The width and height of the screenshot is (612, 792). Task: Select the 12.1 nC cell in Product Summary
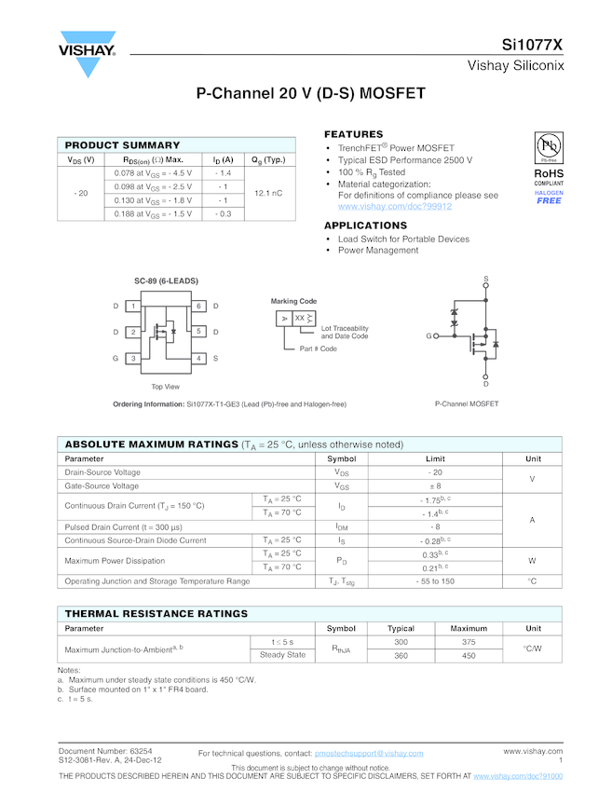coord(268,193)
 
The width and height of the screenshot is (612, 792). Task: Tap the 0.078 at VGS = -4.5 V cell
coord(153,173)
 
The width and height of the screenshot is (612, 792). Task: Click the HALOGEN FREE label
coord(549,198)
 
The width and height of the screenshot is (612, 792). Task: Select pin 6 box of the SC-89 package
coord(198,307)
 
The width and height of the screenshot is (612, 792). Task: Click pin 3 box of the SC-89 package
coord(133,358)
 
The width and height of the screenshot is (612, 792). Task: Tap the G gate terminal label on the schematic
coord(429,335)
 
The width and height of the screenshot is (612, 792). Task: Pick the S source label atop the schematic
coord(485,280)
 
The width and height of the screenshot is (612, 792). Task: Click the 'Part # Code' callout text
coord(319,348)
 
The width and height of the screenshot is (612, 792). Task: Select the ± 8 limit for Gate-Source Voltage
coord(435,485)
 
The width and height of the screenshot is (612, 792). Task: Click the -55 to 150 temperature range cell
coord(435,581)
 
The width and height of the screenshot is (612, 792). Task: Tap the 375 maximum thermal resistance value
coord(469,642)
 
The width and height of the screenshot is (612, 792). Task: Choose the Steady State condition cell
coord(282,655)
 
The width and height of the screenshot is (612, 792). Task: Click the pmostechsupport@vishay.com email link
coord(369,753)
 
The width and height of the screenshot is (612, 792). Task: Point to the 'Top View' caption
coord(166,387)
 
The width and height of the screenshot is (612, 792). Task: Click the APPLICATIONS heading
coord(365,225)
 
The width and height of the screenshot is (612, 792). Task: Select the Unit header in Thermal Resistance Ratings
coord(533,628)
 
